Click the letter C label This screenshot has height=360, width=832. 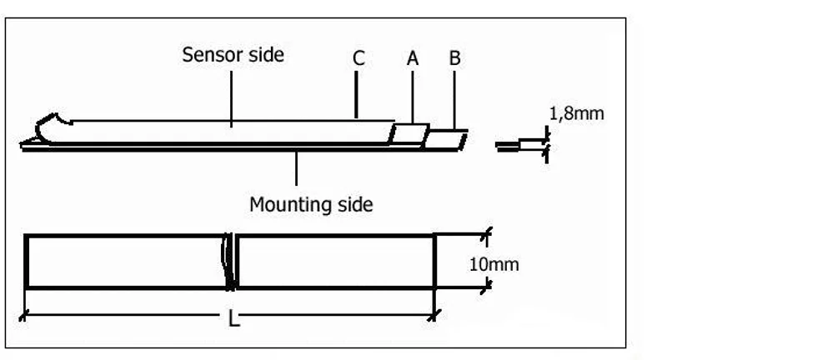pos(358,58)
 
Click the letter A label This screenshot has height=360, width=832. pos(413,58)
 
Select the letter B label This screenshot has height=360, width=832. pos(454,58)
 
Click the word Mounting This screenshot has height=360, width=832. pos(284,204)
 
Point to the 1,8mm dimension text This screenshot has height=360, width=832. pos(577,113)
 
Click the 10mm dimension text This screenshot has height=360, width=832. pos(494,264)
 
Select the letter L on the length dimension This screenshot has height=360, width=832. pos(233,318)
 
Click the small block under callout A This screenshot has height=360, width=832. pos(409,135)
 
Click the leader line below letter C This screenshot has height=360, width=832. pos(356,95)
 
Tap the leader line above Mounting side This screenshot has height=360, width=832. pos(296,168)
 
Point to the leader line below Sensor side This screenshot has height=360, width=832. pos(232,98)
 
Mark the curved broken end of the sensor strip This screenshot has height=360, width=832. pos(49,127)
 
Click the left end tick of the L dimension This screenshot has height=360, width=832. pos(23,316)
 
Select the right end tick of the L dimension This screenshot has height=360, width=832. pos(434,316)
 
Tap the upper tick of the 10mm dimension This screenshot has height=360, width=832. pos(486,234)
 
